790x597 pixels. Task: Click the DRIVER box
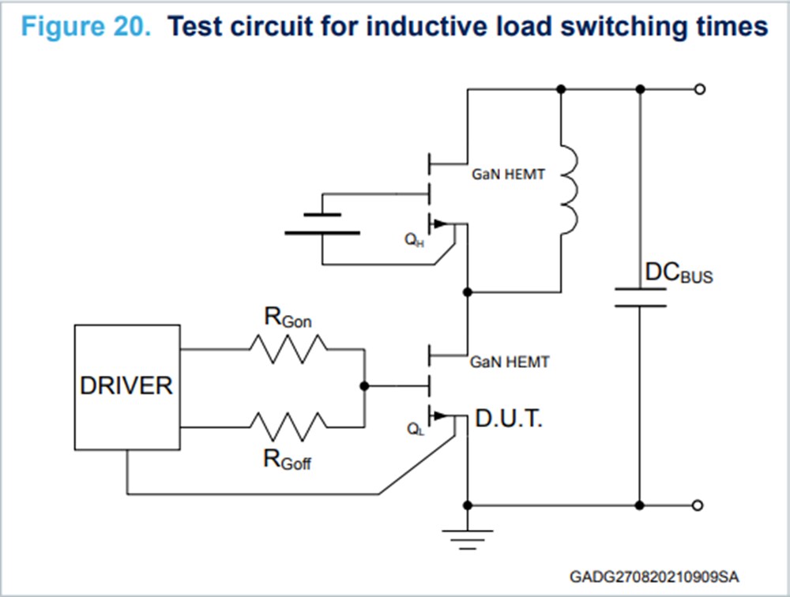[126, 387]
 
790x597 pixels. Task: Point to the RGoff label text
[288, 460]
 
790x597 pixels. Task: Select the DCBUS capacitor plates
[641, 297]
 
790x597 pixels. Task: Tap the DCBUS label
[679, 273]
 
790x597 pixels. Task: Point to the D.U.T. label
[509, 420]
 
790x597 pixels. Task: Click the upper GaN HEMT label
[508, 175]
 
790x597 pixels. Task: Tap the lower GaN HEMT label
[508, 362]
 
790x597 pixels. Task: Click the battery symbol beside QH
[322, 223]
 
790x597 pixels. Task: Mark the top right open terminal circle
[698, 89]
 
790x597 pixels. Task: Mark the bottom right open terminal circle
[698, 505]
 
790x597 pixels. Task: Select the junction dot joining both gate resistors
[363, 387]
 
